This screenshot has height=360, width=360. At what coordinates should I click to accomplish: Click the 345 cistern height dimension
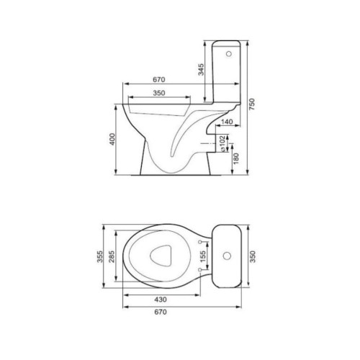click(201, 70)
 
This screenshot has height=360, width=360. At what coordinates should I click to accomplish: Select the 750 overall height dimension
click(252, 104)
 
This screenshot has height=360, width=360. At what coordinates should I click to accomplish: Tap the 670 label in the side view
click(159, 79)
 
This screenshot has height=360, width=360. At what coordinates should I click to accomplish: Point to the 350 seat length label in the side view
click(159, 93)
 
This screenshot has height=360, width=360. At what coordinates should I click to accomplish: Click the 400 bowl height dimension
click(112, 139)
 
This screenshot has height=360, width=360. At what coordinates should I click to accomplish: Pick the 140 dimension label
click(227, 122)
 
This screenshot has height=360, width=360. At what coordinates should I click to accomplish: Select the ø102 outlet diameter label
click(222, 143)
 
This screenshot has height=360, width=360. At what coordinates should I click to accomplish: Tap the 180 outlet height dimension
click(236, 158)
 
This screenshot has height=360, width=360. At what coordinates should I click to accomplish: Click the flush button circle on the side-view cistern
click(229, 54)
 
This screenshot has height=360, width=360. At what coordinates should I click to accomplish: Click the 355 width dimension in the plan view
click(100, 256)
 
